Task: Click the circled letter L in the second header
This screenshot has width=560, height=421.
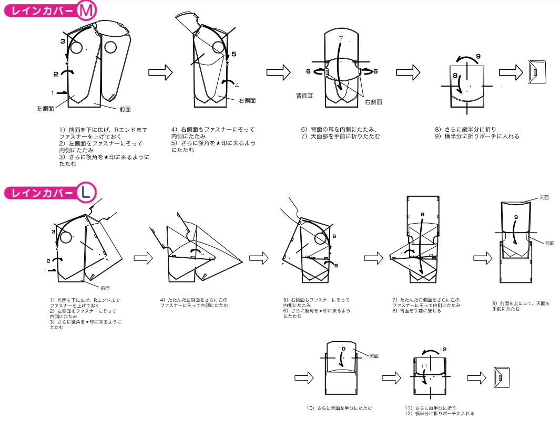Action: (x=86, y=193)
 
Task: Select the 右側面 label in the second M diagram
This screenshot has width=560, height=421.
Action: (x=247, y=100)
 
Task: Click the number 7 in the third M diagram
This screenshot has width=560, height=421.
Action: (x=341, y=38)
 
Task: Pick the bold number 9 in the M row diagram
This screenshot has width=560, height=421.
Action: (x=478, y=56)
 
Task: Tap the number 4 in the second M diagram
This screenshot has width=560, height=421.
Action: (x=237, y=85)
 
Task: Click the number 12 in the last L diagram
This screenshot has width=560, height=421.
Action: (x=443, y=349)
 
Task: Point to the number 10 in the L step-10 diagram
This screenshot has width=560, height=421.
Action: (x=342, y=349)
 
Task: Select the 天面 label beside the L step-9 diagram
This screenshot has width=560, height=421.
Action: (x=544, y=197)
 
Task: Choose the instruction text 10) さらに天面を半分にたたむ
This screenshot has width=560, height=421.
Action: (x=340, y=408)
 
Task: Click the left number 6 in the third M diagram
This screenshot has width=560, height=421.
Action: (x=309, y=71)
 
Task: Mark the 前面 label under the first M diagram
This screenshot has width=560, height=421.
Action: (x=125, y=109)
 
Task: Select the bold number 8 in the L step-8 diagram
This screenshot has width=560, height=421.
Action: (x=422, y=214)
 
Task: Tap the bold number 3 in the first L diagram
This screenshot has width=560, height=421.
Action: (x=53, y=231)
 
